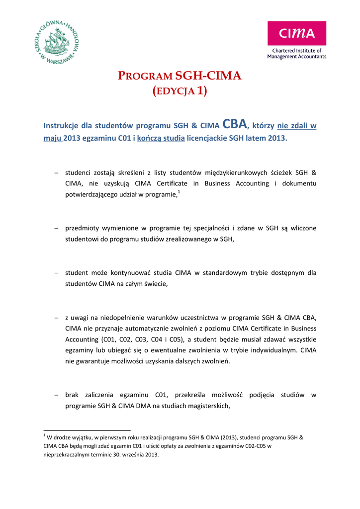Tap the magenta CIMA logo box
click(x=296, y=33)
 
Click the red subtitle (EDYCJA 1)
click(x=180, y=91)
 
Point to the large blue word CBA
click(x=235, y=124)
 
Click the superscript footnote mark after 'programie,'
click(x=179, y=191)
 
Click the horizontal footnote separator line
click(x=87, y=429)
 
